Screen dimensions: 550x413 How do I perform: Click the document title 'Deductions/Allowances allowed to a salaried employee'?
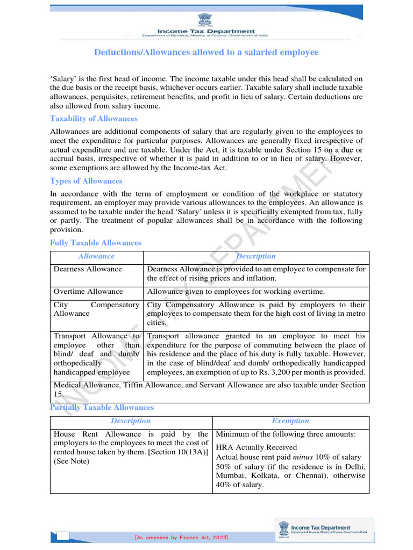pos(206,52)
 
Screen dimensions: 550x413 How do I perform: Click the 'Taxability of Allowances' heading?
pos(94,119)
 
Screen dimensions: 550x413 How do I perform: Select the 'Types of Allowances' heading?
pos(86,181)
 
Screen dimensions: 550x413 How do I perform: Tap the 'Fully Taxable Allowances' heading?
pos(95,243)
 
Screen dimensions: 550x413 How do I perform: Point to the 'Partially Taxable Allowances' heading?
pos(102,408)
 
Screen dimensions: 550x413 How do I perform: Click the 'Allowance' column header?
pos(96,257)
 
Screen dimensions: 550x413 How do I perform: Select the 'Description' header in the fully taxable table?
pos(255,257)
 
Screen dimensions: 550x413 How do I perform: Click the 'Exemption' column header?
pos(290,421)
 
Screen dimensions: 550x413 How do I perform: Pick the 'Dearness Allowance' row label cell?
pos(88,269)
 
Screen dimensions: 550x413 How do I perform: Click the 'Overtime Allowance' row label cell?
pos(88,292)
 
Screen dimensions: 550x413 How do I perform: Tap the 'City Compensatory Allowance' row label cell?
pos(96,309)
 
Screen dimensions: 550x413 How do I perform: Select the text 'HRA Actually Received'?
pos(256,447)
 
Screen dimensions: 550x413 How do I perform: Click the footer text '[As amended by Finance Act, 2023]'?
pos(181,538)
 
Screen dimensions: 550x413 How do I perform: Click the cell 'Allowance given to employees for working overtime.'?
pos(236,292)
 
